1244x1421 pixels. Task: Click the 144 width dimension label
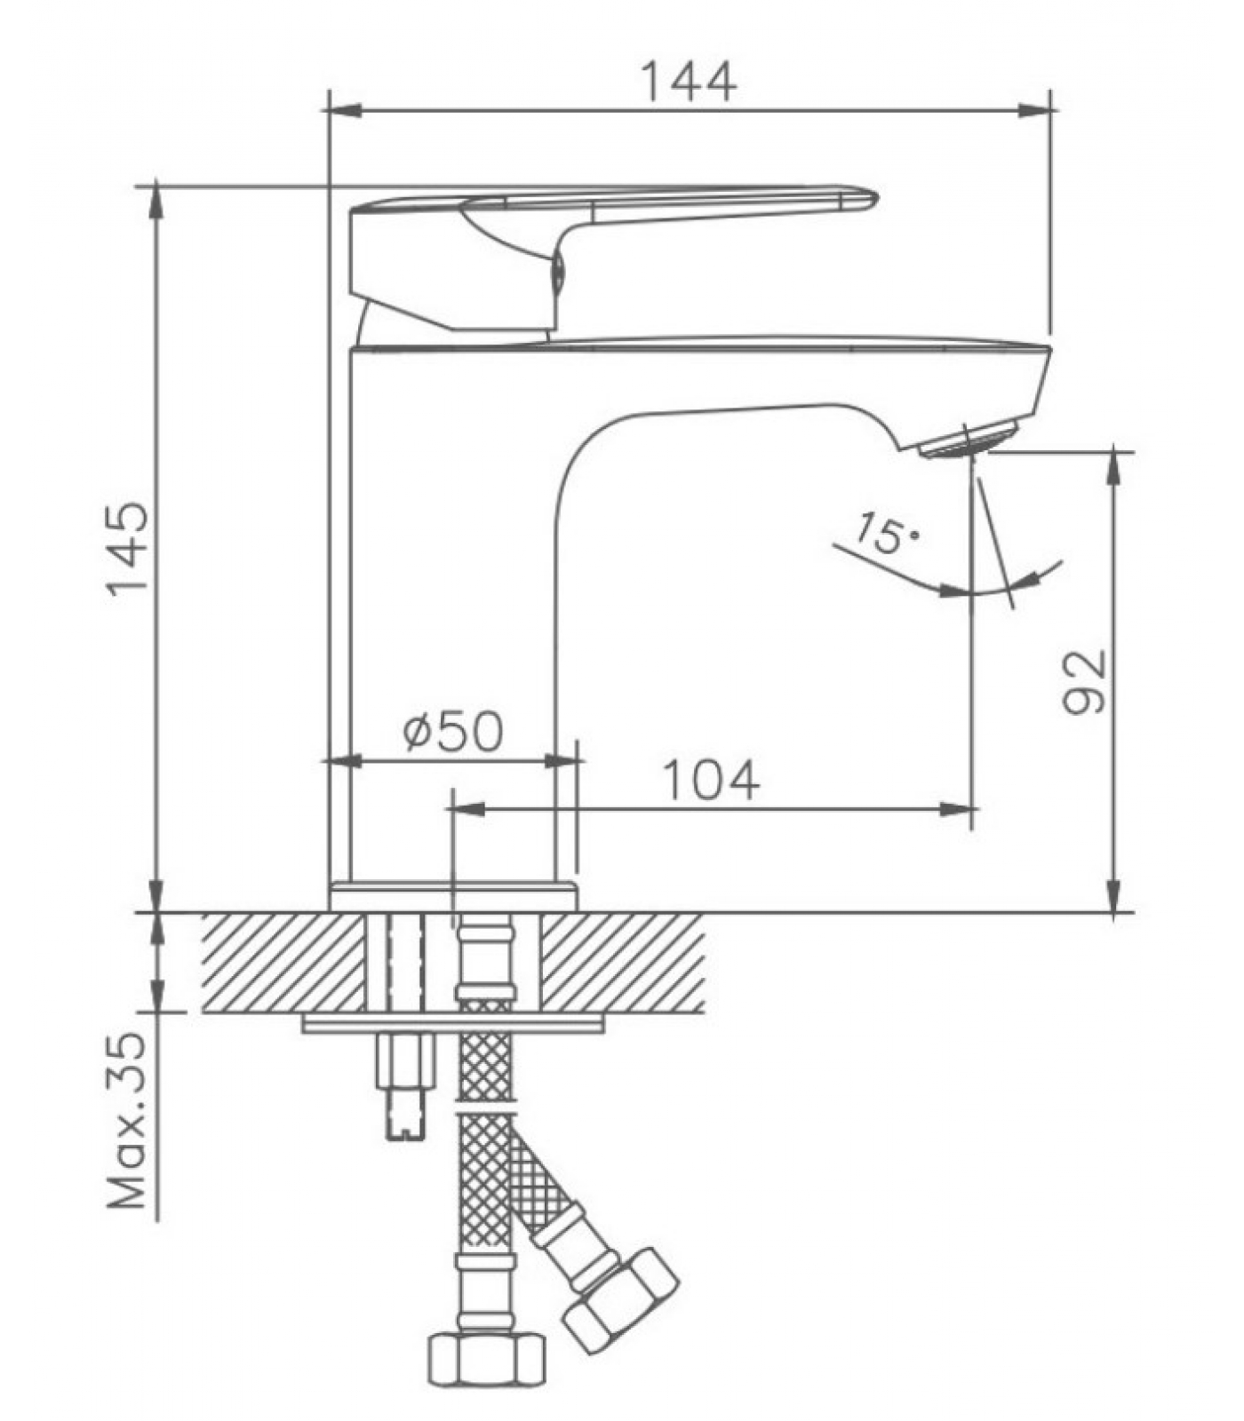(x=689, y=82)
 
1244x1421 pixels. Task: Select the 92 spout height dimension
(x=1085, y=681)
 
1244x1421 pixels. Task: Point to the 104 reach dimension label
(x=712, y=780)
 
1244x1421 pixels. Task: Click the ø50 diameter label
(x=453, y=731)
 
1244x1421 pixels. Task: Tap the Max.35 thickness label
(x=126, y=1121)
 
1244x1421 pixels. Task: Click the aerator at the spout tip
(x=968, y=440)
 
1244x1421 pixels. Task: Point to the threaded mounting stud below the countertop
(x=406, y=1084)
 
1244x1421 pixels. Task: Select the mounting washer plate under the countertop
(x=453, y=1024)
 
